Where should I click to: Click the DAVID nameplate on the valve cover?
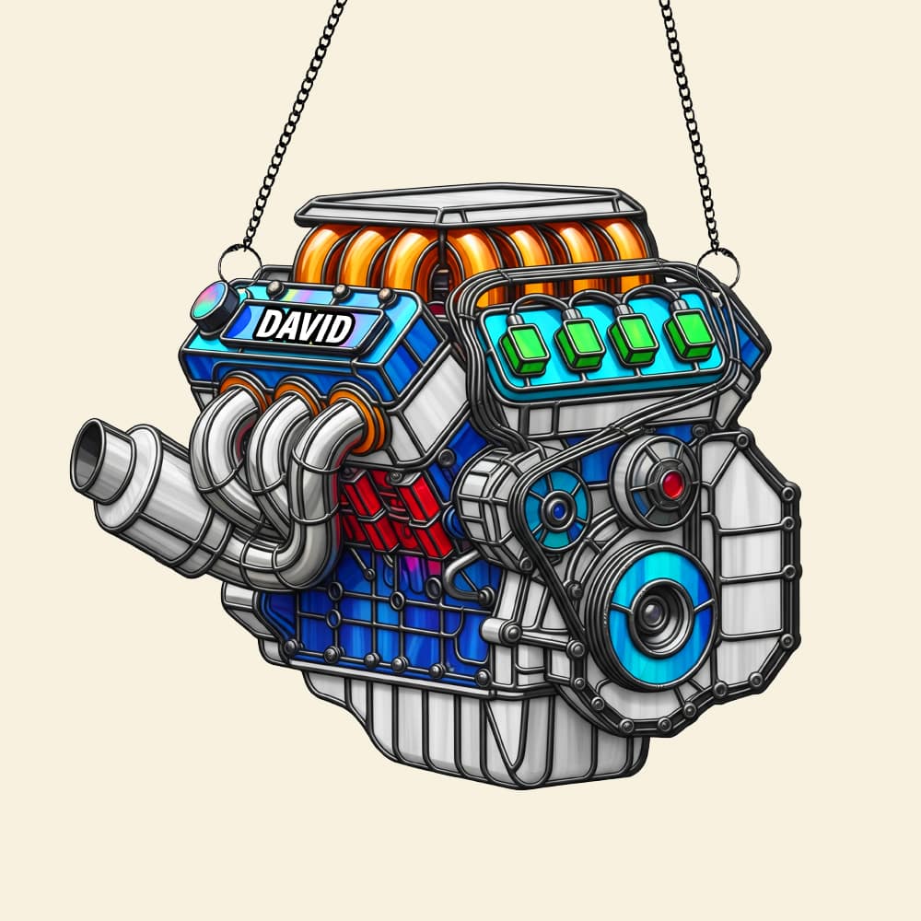(x=305, y=325)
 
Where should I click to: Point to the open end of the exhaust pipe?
(x=90, y=452)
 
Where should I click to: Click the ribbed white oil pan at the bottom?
(x=460, y=728)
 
